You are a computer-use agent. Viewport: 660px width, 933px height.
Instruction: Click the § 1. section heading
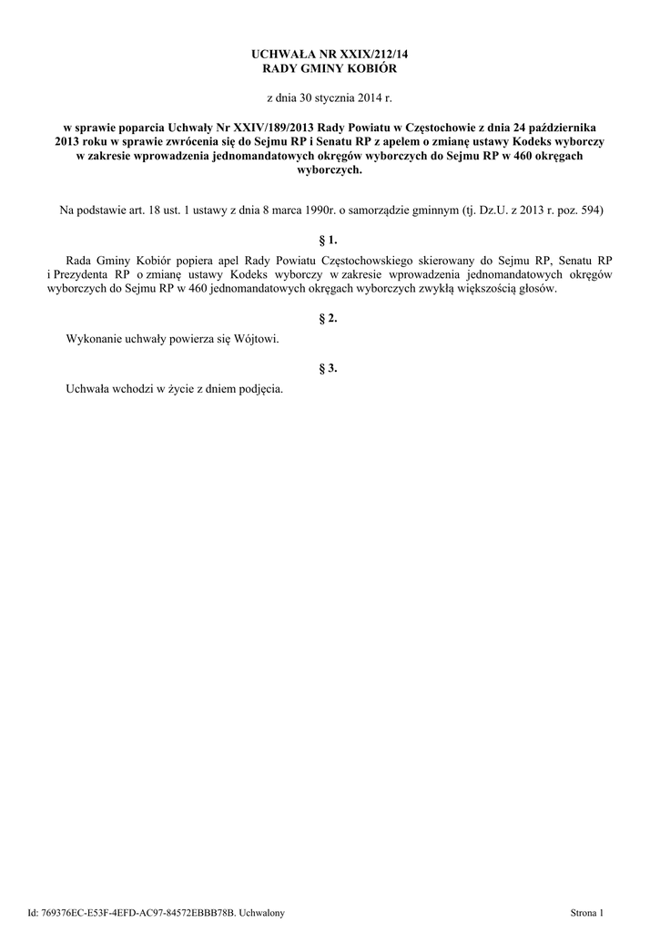point(330,241)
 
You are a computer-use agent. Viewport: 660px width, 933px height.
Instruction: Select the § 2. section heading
point(330,319)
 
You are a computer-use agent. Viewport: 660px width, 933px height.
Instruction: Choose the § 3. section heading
point(330,368)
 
